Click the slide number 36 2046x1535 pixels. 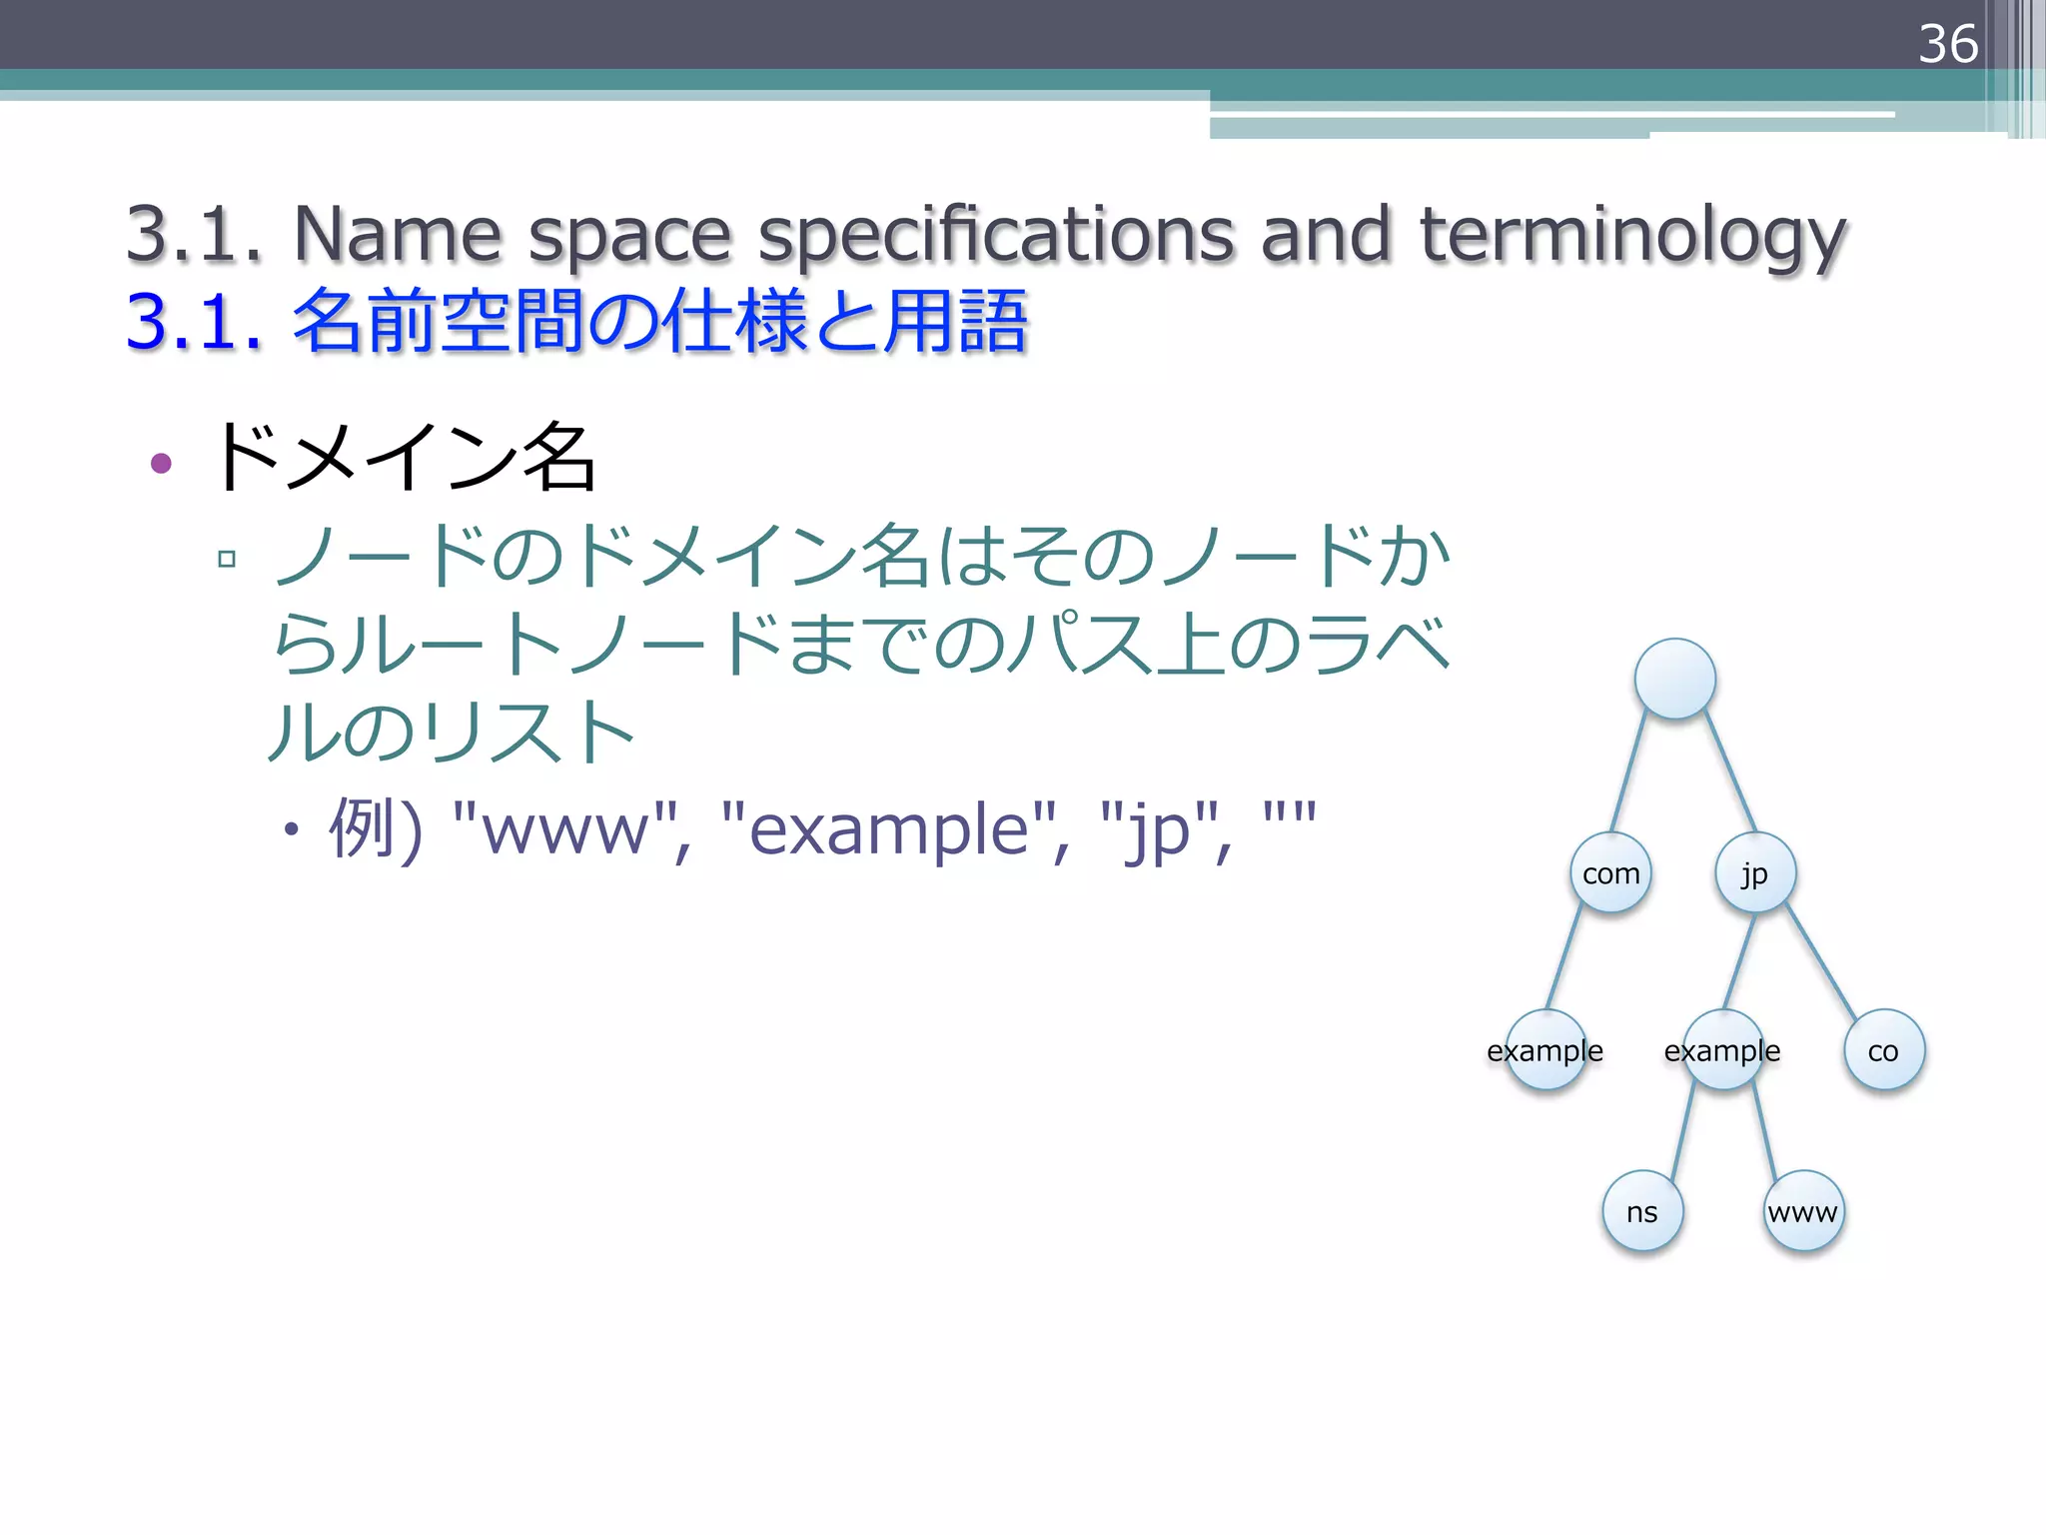1947,44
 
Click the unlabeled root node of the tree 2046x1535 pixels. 1675,680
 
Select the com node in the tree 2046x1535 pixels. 1610,873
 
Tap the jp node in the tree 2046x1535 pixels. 1755,873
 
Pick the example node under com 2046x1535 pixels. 1545,1050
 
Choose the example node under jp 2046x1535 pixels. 1722,1050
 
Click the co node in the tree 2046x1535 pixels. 1884,1050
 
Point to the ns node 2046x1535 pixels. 1642,1212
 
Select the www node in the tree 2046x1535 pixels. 1803,1212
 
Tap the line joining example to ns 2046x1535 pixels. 1683,1130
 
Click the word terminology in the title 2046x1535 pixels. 1632,237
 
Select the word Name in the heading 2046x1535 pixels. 397,235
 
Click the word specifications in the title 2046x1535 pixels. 996,237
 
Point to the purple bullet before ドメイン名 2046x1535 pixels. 161,463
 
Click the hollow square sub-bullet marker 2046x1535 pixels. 227,559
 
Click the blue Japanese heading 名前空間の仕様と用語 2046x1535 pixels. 659,323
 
